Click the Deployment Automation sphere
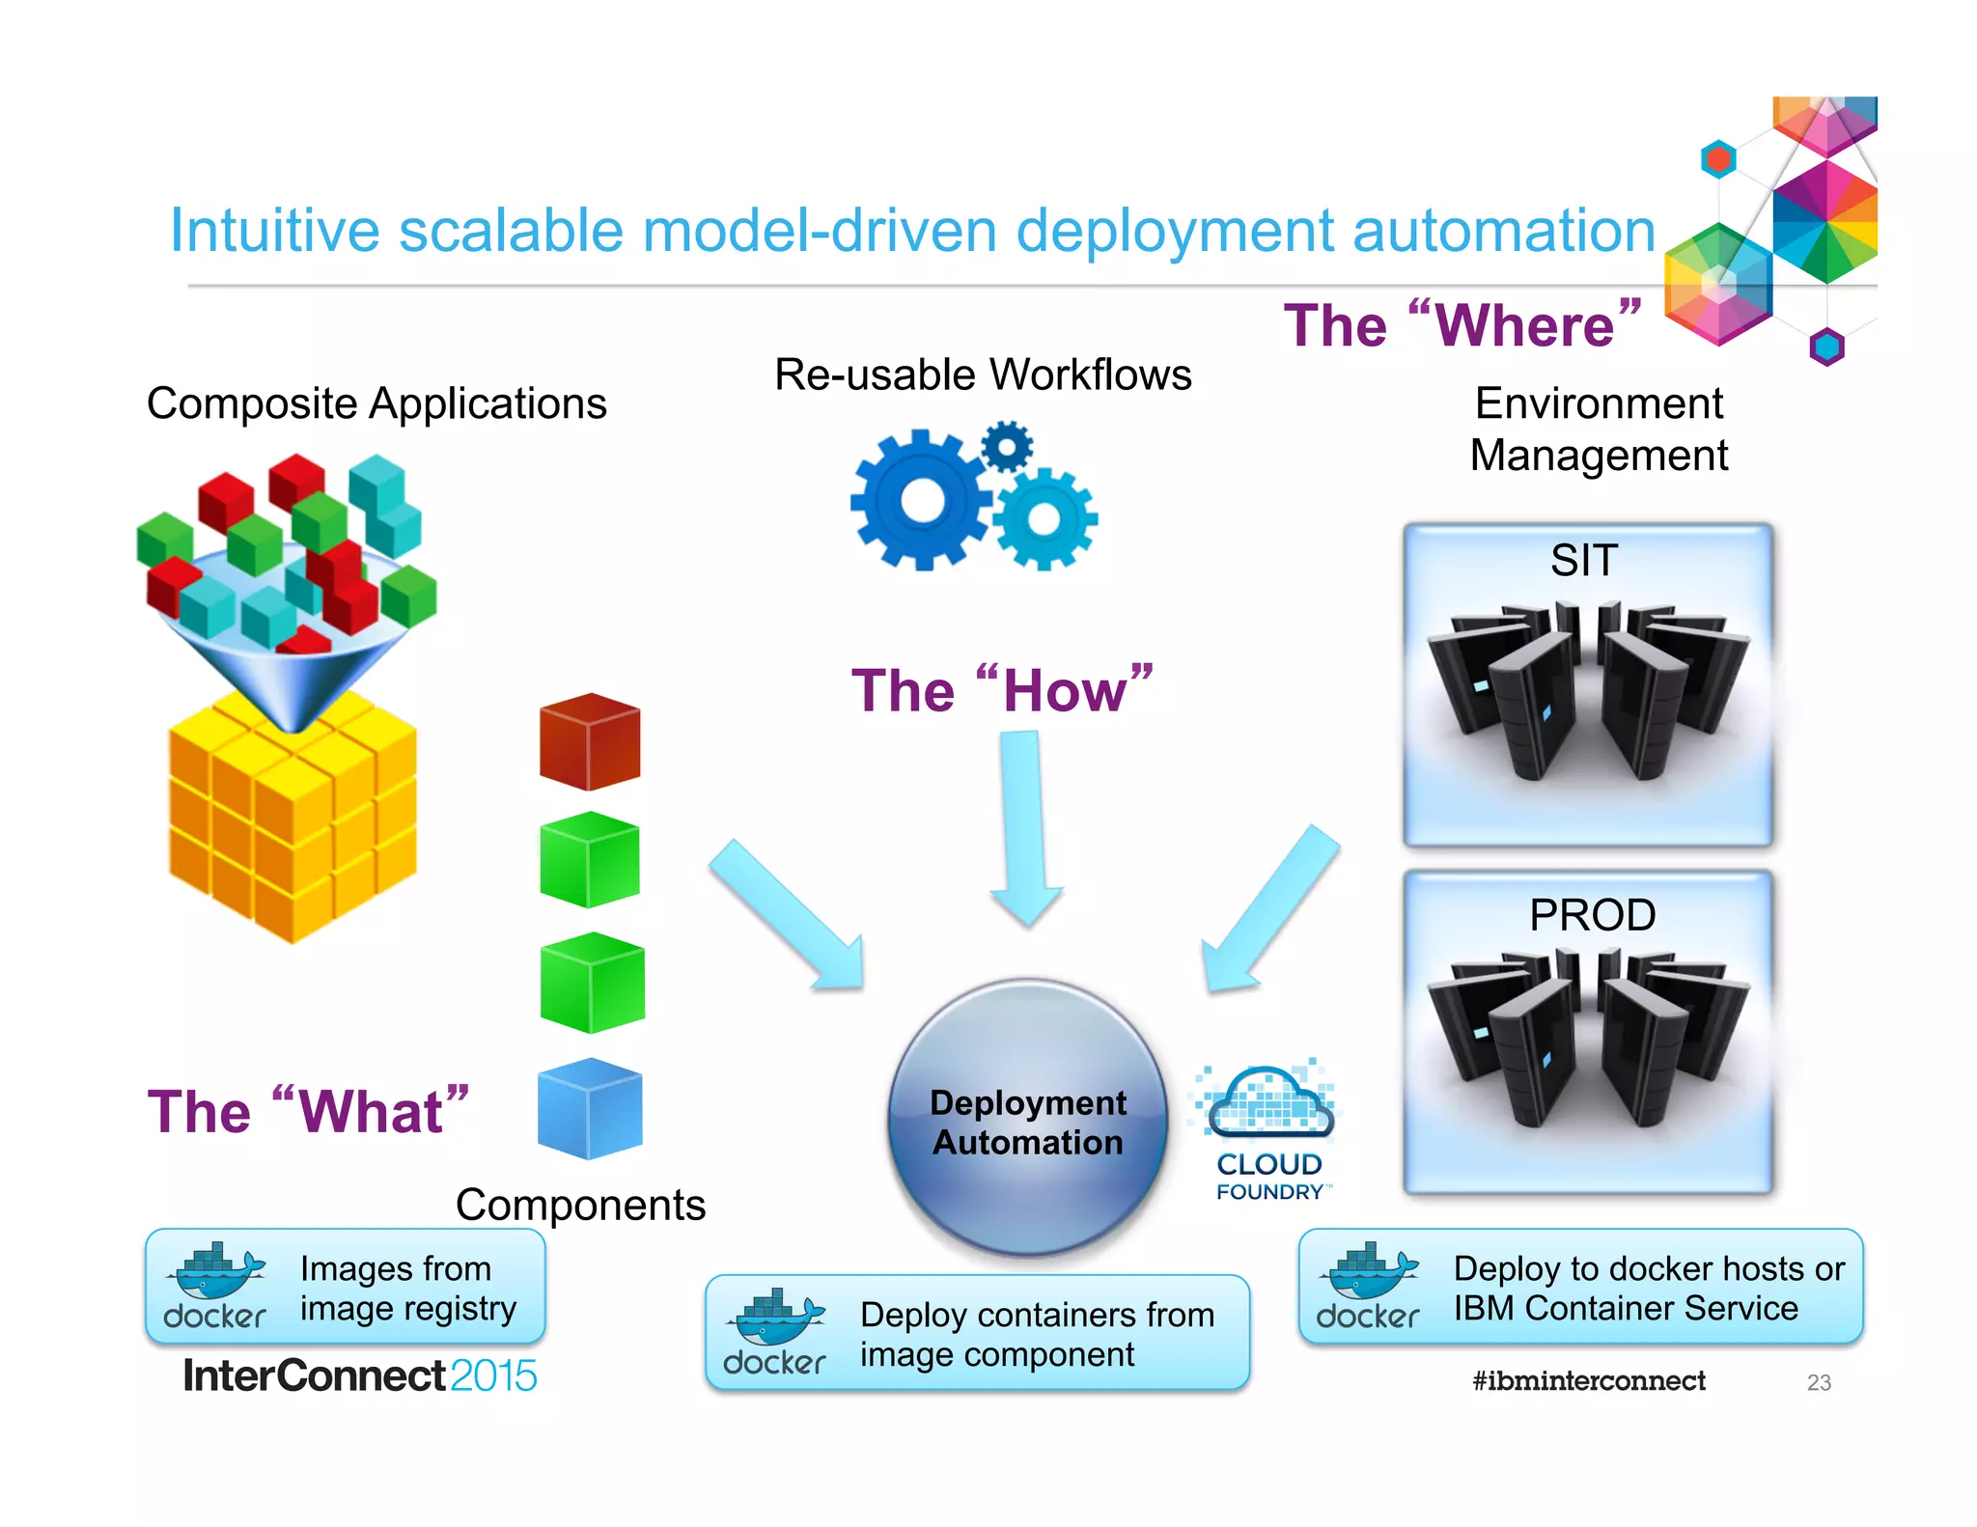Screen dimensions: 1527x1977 (1027, 1120)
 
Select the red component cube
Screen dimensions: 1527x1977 (590, 741)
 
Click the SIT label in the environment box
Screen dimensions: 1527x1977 (1583, 561)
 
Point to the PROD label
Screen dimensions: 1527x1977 (1592, 915)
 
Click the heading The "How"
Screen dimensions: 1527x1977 (1001, 691)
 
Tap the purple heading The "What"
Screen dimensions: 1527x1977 (308, 1111)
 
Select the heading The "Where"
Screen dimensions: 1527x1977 (1462, 325)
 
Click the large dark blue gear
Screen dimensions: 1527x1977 (922, 500)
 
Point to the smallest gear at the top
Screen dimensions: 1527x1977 (1007, 446)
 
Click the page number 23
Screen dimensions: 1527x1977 (1818, 1383)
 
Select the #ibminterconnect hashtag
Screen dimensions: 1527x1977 (1588, 1381)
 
